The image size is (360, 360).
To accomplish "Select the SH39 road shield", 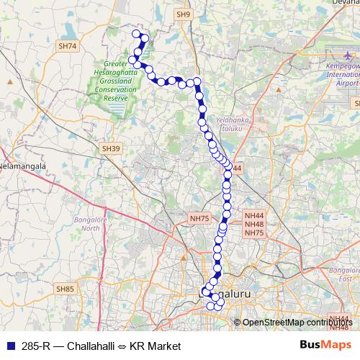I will coord(109,148).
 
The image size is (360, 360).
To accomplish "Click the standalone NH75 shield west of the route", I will coord(199,217).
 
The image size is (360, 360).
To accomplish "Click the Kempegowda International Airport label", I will coord(342,74).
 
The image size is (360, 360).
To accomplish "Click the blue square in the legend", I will coord(9,346).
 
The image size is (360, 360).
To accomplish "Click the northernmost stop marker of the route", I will coord(135,33).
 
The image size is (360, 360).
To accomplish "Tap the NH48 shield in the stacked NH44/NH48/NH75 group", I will coord(254,224).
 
